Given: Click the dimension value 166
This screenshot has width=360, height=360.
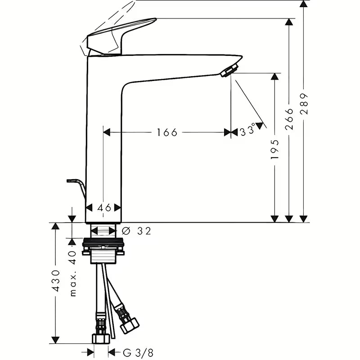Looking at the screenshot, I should pyautogui.click(x=167, y=132).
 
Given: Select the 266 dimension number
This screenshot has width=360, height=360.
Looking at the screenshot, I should pyautogui.click(x=289, y=118).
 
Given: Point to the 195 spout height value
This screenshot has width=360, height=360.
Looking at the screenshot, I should pyautogui.click(x=275, y=149).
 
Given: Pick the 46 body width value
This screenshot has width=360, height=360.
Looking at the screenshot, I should pyautogui.click(x=104, y=207).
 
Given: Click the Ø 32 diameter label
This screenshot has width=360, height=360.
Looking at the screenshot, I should pyautogui.click(x=137, y=231).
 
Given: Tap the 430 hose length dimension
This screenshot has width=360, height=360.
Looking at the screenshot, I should pyautogui.click(x=56, y=280).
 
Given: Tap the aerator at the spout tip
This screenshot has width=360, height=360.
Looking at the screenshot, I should pyautogui.click(x=229, y=70).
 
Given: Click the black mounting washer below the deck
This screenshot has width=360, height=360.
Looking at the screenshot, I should pyautogui.click(x=103, y=243).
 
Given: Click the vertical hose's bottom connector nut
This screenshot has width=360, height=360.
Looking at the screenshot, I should pyautogui.click(x=100, y=338).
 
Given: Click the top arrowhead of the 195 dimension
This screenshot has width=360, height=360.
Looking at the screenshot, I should pyautogui.click(x=275, y=77).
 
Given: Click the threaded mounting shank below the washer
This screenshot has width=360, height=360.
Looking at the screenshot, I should pyautogui.click(x=103, y=257).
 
